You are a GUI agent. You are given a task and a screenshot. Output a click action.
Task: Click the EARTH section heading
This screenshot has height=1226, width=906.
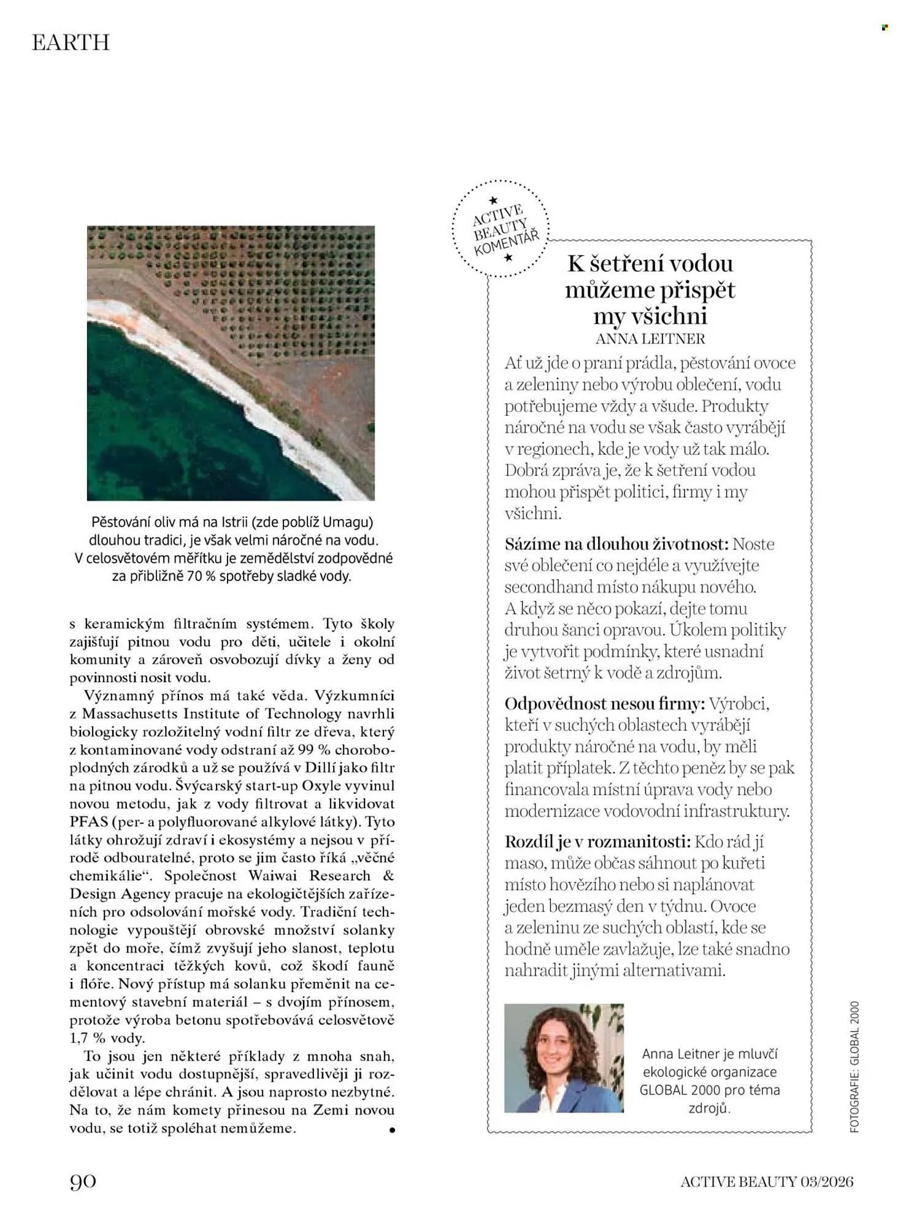(x=71, y=42)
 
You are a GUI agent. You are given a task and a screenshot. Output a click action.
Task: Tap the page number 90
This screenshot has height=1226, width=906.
(x=83, y=1181)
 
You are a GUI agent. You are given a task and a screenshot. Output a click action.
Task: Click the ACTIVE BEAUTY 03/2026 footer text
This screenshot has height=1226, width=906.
(x=766, y=1181)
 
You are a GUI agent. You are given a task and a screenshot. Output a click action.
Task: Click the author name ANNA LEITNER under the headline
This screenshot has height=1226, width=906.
(x=650, y=338)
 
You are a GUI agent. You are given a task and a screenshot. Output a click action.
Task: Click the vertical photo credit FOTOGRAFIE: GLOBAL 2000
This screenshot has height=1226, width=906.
(x=854, y=1067)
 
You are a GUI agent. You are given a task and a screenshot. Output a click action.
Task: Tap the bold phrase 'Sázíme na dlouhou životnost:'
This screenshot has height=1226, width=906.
(x=616, y=544)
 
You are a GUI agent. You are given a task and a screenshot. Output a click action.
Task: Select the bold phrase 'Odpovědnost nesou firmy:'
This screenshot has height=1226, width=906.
(x=604, y=703)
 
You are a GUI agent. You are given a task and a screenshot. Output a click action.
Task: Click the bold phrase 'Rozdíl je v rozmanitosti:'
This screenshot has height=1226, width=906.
(x=597, y=842)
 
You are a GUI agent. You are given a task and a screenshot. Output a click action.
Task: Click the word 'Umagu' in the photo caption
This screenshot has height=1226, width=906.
(x=347, y=522)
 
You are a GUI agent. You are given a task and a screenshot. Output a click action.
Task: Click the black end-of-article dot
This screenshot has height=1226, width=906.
(x=392, y=1130)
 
